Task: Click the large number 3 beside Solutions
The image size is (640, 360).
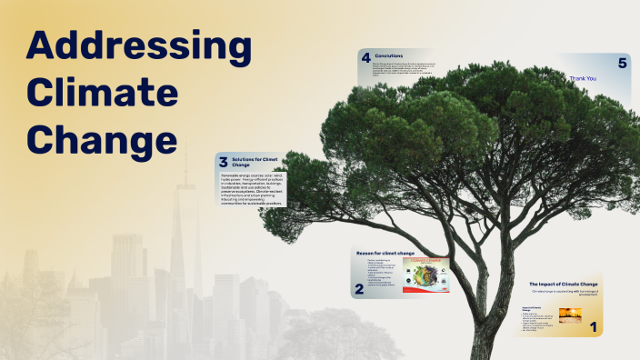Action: [x=224, y=163]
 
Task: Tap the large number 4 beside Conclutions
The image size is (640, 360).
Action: [x=365, y=58]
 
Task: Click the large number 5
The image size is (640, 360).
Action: [x=622, y=63]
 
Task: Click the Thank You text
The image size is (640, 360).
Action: [x=583, y=78]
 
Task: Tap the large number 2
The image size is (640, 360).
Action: [x=359, y=289]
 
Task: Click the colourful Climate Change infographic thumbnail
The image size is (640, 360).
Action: [x=425, y=275]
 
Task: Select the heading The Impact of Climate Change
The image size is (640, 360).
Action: [x=564, y=285]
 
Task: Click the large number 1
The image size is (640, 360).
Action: [x=594, y=325]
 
